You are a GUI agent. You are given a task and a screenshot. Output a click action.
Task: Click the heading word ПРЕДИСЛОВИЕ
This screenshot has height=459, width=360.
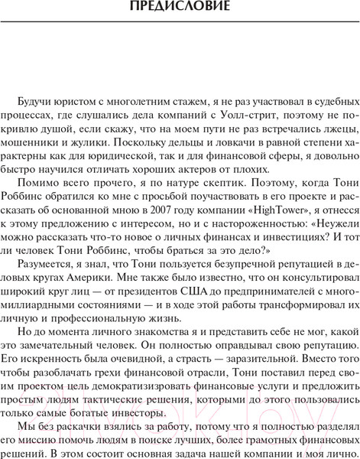click(x=180, y=9)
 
